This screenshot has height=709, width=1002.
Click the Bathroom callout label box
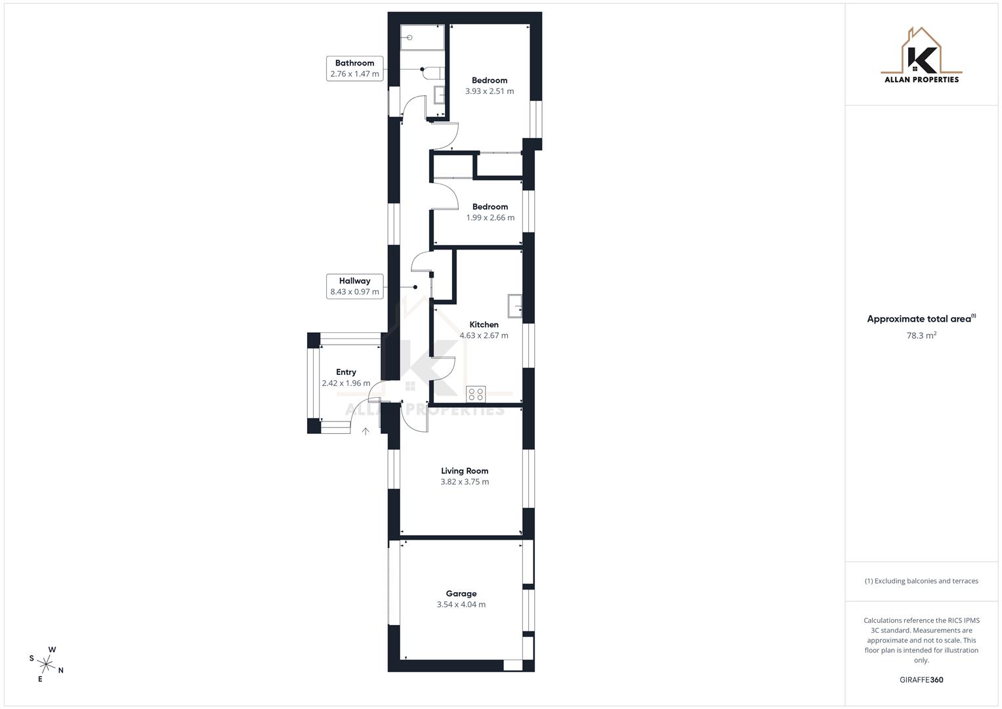(x=354, y=68)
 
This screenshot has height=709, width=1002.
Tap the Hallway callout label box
(x=354, y=286)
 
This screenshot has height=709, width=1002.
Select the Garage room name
(x=461, y=593)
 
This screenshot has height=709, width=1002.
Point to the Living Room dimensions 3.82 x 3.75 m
(x=465, y=482)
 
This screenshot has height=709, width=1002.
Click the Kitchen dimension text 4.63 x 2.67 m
(x=484, y=335)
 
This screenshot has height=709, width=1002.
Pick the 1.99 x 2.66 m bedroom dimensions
(x=490, y=218)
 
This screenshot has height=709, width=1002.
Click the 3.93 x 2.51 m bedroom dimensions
(x=490, y=91)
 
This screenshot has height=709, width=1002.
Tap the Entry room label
(x=346, y=372)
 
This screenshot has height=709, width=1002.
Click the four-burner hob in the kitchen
(x=476, y=394)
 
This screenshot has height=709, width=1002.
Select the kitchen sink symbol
(x=515, y=307)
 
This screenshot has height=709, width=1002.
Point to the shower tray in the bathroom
(x=423, y=37)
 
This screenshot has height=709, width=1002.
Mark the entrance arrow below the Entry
(x=365, y=431)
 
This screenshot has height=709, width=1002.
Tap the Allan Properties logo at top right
(x=921, y=56)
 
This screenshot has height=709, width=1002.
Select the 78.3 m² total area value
(x=921, y=335)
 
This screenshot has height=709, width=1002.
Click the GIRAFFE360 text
(x=921, y=680)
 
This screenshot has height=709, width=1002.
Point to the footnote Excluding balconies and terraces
(x=921, y=581)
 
